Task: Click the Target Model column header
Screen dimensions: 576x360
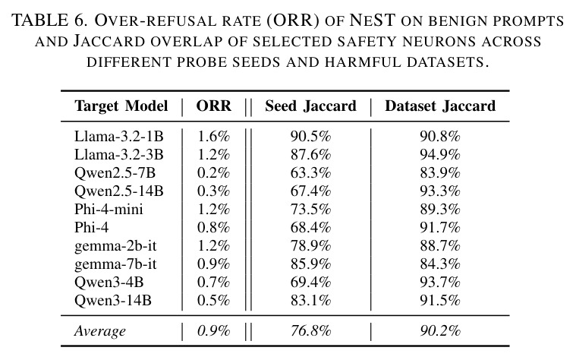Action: tap(121, 106)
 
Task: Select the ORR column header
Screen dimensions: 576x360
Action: tap(214, 106)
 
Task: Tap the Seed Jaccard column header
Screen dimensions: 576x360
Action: tap(311, 106)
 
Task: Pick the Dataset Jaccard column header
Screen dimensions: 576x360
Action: tap(440, 106)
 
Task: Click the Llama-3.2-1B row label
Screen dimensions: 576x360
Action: tap(118, 137)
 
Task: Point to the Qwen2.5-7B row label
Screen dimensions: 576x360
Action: tap(115, 173)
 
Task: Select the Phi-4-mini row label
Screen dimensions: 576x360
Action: tap(109, 209)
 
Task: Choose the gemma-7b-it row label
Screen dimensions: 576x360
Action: tap(115, 264)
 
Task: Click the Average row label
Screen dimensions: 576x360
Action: tap(100, 331)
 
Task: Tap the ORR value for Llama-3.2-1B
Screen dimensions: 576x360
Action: tap(213, 137)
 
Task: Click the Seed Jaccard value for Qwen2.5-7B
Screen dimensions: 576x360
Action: tap(310, 173)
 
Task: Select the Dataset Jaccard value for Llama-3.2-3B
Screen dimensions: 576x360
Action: tap(439, 154)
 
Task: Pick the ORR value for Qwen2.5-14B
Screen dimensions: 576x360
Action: tap(213, 191)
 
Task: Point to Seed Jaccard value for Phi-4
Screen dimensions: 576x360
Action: tap(310, 227)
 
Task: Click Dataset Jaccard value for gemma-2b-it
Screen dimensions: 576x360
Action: tap(439, 245)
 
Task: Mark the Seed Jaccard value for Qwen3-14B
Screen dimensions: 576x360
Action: tap(310, 301)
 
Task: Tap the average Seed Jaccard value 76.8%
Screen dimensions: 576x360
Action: tap(310, 331)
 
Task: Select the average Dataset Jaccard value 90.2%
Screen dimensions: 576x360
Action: tap(439, 331)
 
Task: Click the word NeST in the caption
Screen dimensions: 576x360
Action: tap(372, 21)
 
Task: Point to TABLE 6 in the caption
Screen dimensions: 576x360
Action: tap(49, 21)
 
